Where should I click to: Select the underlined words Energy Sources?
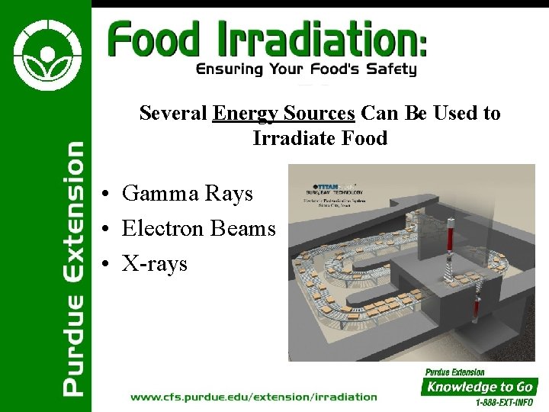(284, 114)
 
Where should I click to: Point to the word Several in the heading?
(173, 114)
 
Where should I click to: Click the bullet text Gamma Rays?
(187, 194)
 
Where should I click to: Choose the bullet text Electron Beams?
(198, 228)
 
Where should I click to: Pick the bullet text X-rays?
(154, 263)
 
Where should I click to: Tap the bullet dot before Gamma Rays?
(111, 195)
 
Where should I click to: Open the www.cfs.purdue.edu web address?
(254, 396)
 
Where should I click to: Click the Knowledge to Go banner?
(480, 387)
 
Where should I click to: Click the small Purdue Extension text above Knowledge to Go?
(455, 372)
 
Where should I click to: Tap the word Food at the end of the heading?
(366, 139)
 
